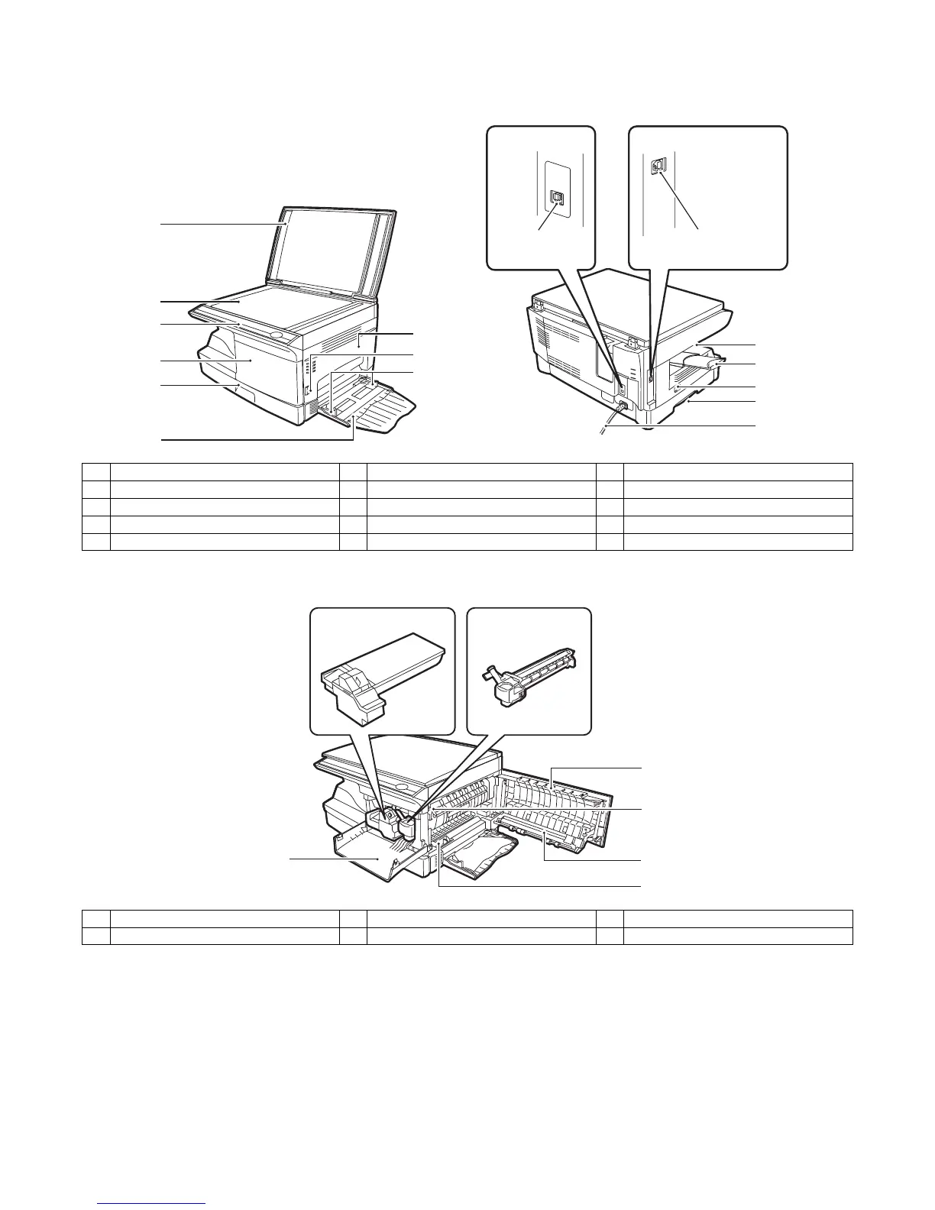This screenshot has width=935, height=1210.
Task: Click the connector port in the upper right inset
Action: click(x=656, y=165)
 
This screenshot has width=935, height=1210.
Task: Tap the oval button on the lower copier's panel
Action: click(x=406, y=785)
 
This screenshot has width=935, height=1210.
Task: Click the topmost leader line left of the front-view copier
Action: click(x=222, y=224)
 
